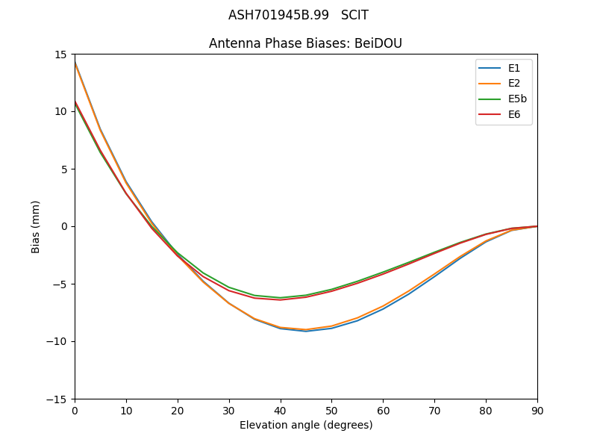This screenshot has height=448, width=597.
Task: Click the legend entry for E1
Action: click(x=504, y=68)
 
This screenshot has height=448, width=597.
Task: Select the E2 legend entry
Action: click(x=504, y=84)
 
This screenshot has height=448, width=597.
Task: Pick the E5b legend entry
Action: click(x=504, y=99)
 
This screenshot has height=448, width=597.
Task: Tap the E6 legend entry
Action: click(x=504, y=114)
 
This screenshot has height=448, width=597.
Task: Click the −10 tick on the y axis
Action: click(x=60, y=341)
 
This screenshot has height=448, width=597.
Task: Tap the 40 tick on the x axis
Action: click(x=281, y=411)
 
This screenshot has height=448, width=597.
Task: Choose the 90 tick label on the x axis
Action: click(x=537, y=411)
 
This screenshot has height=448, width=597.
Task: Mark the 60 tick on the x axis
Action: click(x=383, y=411)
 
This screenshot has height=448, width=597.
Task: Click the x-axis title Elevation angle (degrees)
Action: click(x=306, y=426)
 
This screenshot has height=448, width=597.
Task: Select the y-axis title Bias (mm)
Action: click(x=36, y=226)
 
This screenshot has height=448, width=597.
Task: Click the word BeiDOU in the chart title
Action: click(x=378, y=43)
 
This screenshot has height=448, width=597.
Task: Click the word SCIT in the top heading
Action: click(x=354, y=15)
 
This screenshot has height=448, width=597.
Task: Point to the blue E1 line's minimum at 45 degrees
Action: click(x=306, y=331)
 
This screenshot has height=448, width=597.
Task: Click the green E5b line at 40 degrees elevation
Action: click(x=281, y=298)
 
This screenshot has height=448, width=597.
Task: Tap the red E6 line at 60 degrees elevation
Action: click(x=383, y=274)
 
